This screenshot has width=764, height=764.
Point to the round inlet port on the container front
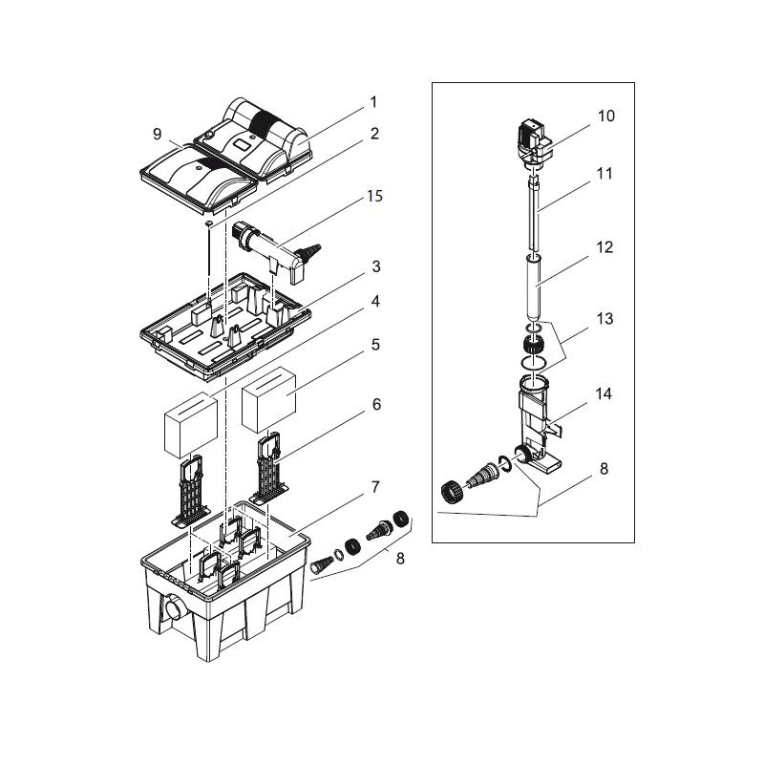click(172, 608)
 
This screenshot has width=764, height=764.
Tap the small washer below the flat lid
click(207, 223)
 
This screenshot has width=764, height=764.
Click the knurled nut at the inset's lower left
click(452, 493)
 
